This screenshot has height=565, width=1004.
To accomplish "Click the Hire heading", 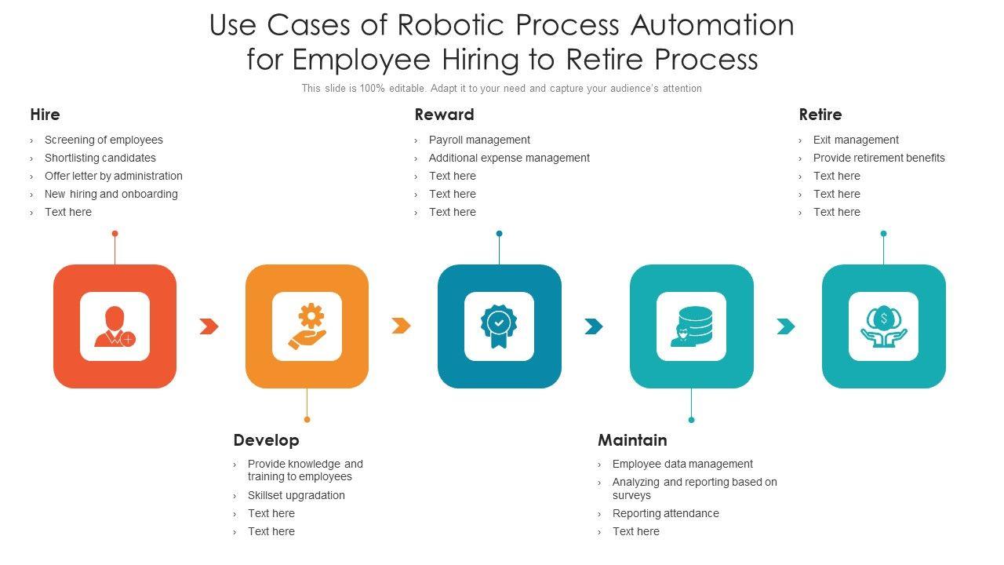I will click(x=45, y=115).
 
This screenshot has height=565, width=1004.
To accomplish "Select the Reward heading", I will click(x=444, y=115).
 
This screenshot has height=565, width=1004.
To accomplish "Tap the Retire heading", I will click(x=820, y=115).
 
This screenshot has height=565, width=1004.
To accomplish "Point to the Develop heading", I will click(x=266, y=440).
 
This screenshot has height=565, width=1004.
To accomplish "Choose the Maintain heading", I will click(x=632, y=440).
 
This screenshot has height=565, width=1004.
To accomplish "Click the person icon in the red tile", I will click(x=115, y=326).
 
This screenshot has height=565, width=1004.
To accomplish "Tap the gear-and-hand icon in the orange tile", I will click(x=307, y=326).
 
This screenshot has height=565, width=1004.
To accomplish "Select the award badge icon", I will click(x=499, y=326).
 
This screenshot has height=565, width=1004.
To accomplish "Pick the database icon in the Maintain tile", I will click(x=691, y=326).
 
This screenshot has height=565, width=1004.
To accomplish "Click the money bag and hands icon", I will click(x=883, y=326).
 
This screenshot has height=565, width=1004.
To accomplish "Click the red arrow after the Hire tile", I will click(x=209, y=326).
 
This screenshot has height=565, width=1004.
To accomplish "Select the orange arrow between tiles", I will click(x=401, y=326).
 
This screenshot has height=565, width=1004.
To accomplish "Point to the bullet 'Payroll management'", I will click(x=479, y=140).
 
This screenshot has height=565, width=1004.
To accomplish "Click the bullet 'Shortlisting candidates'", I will click(x=100, y=158).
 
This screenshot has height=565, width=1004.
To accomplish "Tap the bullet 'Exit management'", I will click(x=856, y=140).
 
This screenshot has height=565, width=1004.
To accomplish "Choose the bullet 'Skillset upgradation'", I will click(x=296, y=495).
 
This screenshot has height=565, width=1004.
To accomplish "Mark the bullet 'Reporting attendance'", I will click(x=665, y=513).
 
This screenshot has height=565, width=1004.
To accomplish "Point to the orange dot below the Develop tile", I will click(x=307, y=419).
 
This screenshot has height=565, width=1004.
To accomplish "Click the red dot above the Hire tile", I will click(x=115, y=233).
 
